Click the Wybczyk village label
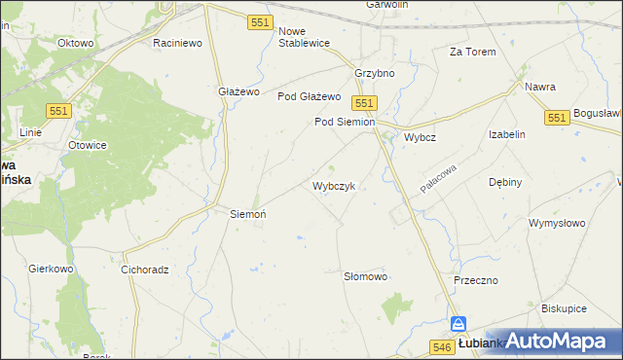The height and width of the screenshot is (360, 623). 340,185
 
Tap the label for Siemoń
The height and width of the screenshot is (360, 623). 247,213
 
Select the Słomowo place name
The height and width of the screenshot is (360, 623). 366,276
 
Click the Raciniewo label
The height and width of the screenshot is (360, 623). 177,44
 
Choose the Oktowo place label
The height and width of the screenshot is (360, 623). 75,44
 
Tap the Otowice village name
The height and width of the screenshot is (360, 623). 87,145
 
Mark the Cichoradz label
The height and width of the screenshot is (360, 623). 146,270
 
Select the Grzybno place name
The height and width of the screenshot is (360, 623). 374,74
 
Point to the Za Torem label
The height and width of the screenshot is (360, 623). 472,52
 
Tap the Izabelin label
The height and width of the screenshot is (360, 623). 507,135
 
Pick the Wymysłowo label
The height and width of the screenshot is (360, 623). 557,223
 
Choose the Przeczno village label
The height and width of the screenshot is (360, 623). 476,280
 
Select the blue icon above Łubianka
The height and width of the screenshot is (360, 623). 460,325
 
